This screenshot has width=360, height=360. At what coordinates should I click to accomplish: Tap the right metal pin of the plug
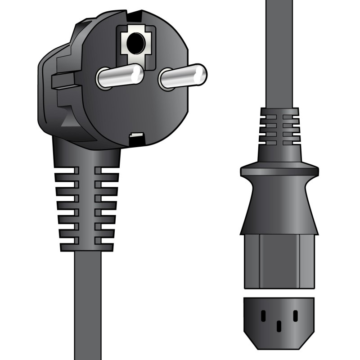click(x=182, y=75)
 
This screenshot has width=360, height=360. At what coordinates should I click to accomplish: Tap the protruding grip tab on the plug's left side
click(x=61, y=81)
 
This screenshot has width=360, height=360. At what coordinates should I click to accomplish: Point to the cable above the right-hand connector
click(x=279, y=54)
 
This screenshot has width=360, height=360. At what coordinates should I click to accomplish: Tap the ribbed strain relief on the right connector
click(x=279, y=128)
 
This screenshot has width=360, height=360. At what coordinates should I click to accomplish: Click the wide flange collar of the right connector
click(x=279, y=171)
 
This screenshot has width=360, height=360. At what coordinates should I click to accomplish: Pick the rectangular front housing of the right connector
click(x=279, y=261)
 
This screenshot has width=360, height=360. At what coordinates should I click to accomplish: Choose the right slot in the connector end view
click(x=295, y=316)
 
